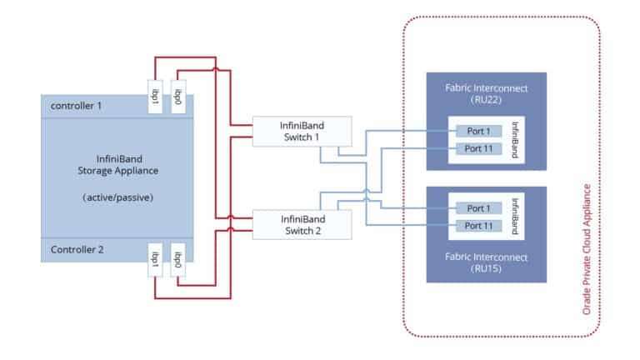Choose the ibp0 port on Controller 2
click(177, 257)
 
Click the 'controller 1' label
click(76, 107)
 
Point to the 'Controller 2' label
click(76, 249)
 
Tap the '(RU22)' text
click(487, 99)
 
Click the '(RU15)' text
click(487, 269)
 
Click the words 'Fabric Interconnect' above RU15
click(487, 256)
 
